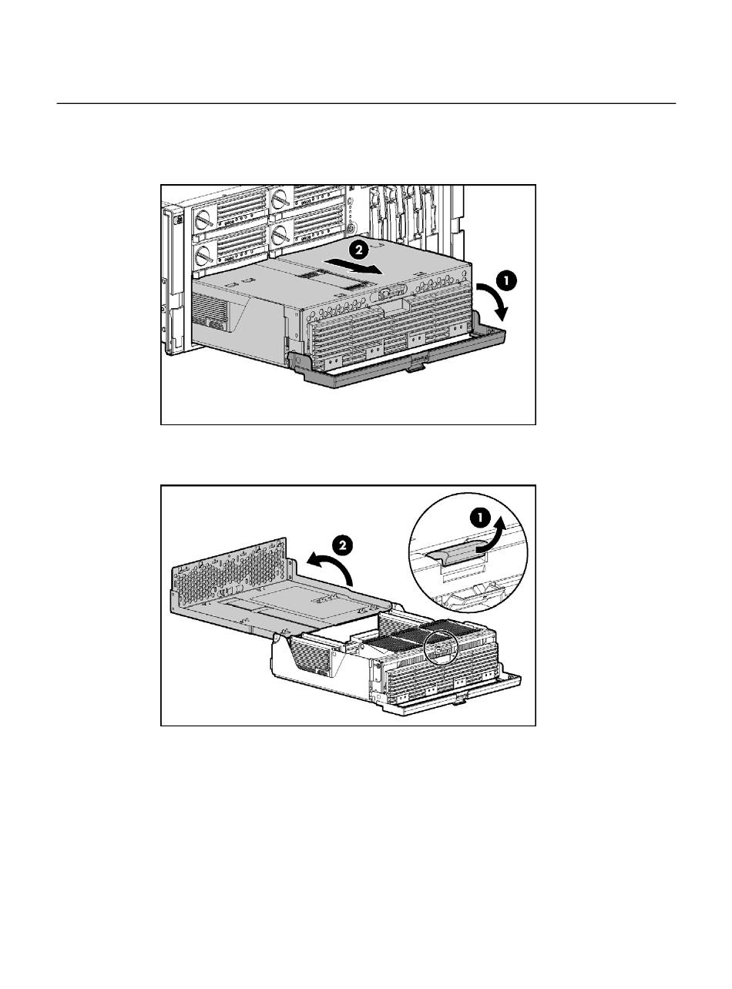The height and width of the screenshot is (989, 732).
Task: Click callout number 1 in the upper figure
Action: (506, 281)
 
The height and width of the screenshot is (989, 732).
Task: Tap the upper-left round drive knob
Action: (203, 220)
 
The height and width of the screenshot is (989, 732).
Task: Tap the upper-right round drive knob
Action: (280, 199)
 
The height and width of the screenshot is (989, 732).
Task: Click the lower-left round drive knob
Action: (203, 255)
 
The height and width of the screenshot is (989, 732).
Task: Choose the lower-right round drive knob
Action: (280, 233)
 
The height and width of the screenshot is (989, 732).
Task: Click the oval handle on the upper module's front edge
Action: (392, 295)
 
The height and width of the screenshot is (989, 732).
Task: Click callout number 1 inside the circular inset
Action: (480, 518)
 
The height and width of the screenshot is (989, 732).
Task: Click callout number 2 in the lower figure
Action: (342, 545)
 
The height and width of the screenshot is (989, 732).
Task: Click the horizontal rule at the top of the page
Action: (366, 103)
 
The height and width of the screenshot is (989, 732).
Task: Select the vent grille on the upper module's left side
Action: (210, 310)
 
